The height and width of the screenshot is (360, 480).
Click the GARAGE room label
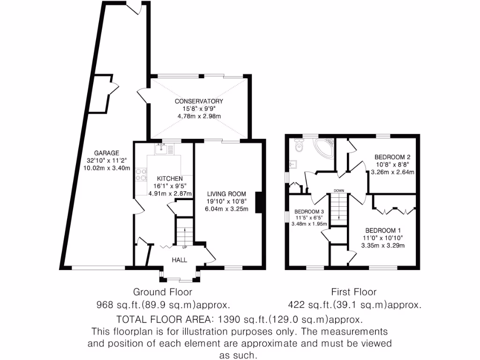(x=106, y=153)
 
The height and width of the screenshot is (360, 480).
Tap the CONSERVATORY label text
(x=199, y=101)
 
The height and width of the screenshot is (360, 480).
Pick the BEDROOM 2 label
(x=392, y=157)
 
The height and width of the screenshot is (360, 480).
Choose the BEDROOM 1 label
(x=383, y=230)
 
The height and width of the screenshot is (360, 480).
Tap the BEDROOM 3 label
(x=309, y=211)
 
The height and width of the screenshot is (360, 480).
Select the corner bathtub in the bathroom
(x=324, y=147)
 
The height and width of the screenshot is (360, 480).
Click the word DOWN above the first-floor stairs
(x=339, y=191)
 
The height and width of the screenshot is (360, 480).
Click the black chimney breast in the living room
(x=258, y=202)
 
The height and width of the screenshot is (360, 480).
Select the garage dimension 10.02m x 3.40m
(x=106, y=168)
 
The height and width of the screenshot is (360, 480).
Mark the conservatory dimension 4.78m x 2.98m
(x=199, y=116)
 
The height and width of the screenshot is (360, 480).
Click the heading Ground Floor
(x=163, y=292)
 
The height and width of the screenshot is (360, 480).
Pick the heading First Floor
(x=353, y=292)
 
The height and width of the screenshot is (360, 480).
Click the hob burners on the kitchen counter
(x=140, y=175)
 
